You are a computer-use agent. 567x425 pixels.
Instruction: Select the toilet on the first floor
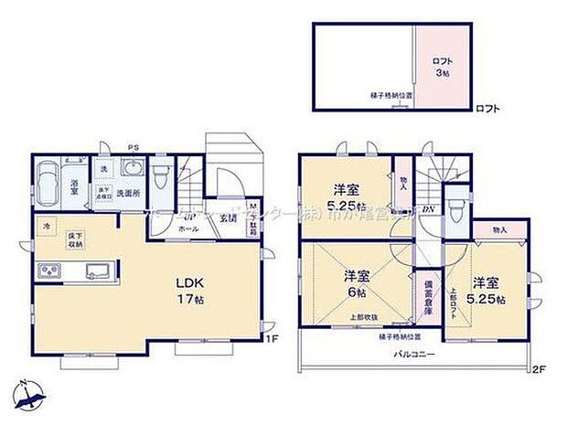pos(160,172)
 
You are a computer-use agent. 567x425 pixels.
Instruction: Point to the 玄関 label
pos(229,218)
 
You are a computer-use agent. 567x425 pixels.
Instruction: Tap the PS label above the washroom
pos(134,144)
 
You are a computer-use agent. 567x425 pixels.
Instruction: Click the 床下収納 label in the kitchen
pos(75,239)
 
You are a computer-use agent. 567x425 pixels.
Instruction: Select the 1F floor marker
pos(271,340)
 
